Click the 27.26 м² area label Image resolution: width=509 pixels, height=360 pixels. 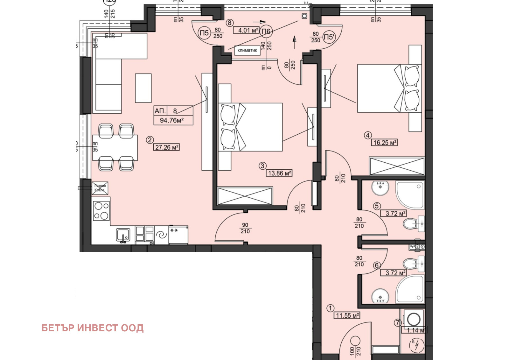pyautogui.click(x=167, y=147)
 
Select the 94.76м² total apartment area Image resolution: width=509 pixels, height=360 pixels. pyautogui.click(x=172, y=120)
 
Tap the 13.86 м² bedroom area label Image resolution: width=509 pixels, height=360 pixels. pyautogui.click(x=279, y=173)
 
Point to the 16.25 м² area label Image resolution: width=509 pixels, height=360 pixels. pyautogui.click(x=384, y=143)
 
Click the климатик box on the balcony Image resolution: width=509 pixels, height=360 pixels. pyautogui.click(x=247, y=50)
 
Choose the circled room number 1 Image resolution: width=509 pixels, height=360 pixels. pyautogui.click(x=331, y=308)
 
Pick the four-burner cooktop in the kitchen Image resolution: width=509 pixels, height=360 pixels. pyautogui.click(x=101, y=211)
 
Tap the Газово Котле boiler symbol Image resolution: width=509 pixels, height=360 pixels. pyautogui.click(x=100, y=188)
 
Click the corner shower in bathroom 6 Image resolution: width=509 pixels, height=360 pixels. pyautogui.click(x=410, y=289)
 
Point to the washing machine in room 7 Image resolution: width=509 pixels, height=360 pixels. pyautogui.click(x=414, y=319)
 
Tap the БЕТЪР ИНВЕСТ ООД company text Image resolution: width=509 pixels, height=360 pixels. pyautogui.click(x=93, y=328)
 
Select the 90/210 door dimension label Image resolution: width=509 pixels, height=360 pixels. pyautogui.click(x=245, y=228)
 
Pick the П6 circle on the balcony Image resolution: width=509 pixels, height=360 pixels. pyautogui.click(x=266, y=31)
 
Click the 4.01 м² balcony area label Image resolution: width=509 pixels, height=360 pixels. pyautogui.click(x=246, y=30)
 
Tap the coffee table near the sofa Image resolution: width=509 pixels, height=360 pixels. pyautogui.click(x=143, y=88)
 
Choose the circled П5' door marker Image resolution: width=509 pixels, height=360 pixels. pyautogui.click(x=329, y=37)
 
